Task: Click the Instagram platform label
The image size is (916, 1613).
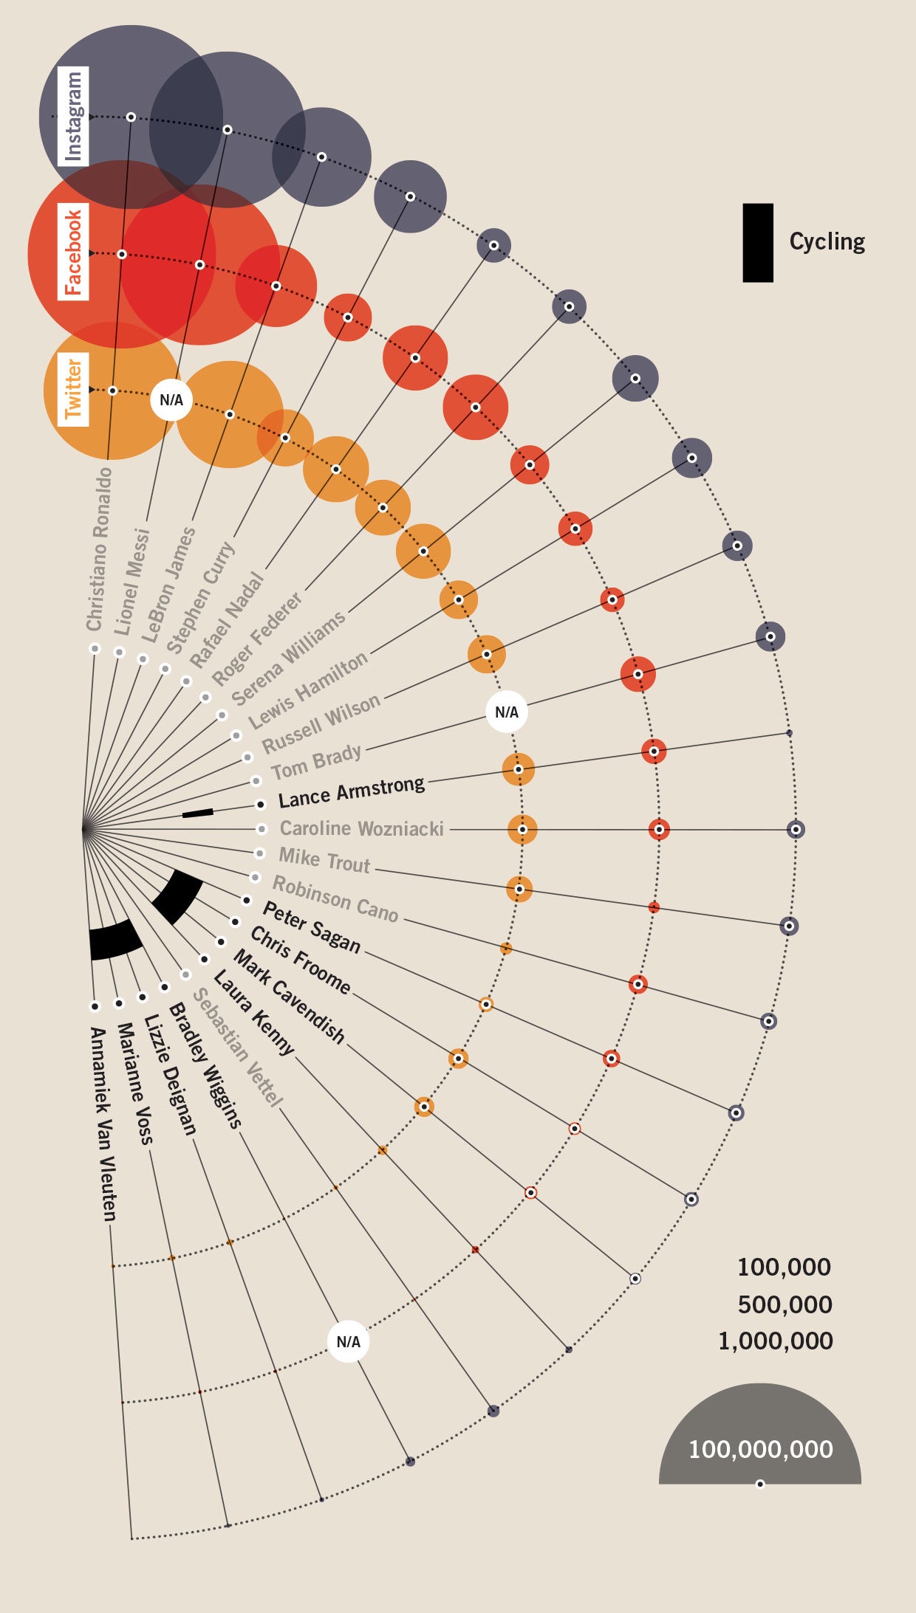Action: click(x=73, y=116)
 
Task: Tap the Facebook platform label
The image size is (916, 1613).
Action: click(x=72, y=253)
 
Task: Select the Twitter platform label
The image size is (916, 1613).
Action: click(x=72, y=389)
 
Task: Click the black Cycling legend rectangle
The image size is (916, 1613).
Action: click(x=757, y=243)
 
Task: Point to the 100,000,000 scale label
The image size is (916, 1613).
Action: click(x=760, y=1449)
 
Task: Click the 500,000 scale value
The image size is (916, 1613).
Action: click(x=785, y=1304)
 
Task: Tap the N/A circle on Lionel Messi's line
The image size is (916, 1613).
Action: click(x=171, y=400)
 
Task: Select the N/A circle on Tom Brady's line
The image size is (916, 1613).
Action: click(x=507, y=712)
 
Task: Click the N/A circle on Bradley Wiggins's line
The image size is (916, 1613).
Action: click(x=348, y=1341)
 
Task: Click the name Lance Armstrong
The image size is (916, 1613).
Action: click(x=352, y=791)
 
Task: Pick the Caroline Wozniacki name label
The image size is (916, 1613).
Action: click(x=361, y=829)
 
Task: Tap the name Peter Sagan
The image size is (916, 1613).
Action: click(x=312, y=927)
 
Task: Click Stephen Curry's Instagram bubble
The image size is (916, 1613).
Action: click(x=410, y=196)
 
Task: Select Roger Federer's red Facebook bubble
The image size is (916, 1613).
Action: click(x=475, y=407)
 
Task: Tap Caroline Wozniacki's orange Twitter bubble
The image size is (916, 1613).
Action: click(x=522, y=829)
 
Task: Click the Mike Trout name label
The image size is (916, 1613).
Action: click(x=324, y=860)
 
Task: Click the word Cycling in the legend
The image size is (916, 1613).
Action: click(x=827, y=241)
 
